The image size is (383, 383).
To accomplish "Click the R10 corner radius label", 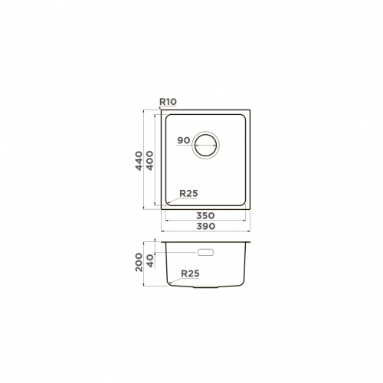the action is (168, 102).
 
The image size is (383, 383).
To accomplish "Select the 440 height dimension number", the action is (139, 161).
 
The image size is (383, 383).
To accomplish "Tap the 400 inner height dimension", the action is (149, 161).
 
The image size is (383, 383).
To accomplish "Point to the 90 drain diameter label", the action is (184, 140).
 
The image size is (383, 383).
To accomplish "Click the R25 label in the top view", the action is (188, 193).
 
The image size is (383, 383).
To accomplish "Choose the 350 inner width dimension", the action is (205, 215).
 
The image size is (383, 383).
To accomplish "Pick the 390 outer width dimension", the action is (205, 226).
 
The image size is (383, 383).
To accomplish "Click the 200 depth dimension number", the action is (139, 262).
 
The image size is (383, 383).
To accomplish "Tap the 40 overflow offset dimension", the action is (151, 260).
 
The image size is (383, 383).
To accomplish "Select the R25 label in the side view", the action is (190, 273).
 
